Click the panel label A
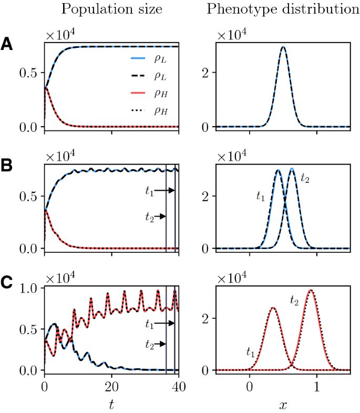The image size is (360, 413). [7, 44]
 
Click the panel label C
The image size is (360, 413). [7, 283]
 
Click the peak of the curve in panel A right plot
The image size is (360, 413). [283, 47]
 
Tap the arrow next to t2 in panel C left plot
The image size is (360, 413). [162, 344]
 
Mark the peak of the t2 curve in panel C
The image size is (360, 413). [311, 290]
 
